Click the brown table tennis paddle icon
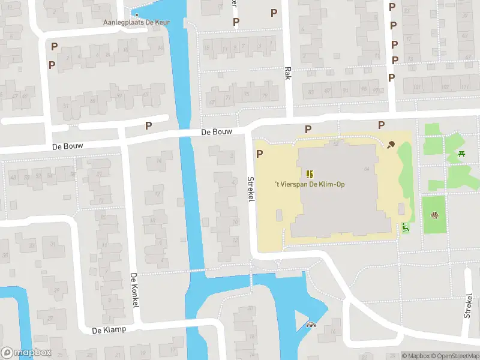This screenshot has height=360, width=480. tap(391, 144)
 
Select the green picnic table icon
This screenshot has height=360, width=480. tap(462, 155)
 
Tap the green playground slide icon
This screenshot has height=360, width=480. tap(406, 227)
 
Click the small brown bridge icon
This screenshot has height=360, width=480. tap(311, 325)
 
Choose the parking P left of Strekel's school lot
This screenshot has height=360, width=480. tap(260, 154)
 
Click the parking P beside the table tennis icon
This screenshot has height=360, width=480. tap(381, 125)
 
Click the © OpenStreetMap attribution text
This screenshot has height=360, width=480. tap(454, 356)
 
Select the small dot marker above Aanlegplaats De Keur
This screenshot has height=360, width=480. tap(136, 16)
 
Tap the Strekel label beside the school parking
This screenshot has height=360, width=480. tap(251, 188)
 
